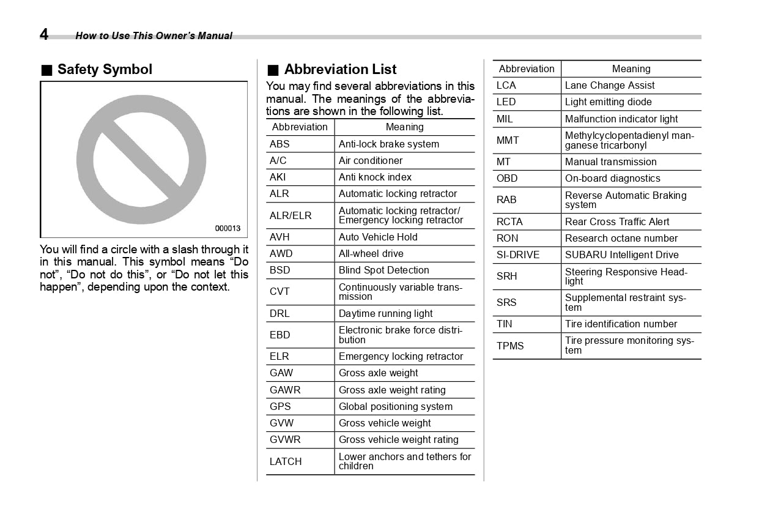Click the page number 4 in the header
coord(44,34)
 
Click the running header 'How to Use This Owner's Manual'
coord(154,36)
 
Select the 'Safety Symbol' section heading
coord(104,70)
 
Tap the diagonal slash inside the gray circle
coord(141,160)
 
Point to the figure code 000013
coord(228,229)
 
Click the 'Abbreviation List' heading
coord(340,70)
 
